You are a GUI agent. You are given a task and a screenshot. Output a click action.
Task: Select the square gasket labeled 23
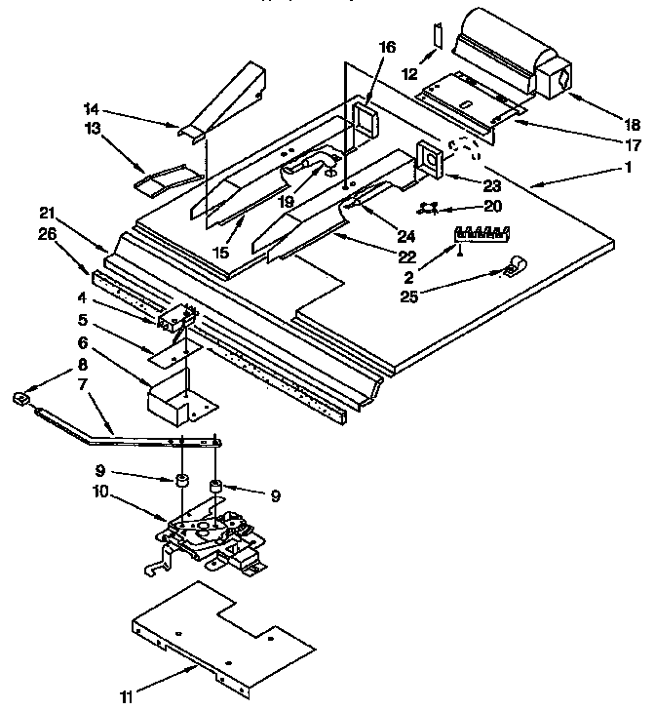429,160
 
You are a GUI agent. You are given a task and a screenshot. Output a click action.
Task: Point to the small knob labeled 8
19,396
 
